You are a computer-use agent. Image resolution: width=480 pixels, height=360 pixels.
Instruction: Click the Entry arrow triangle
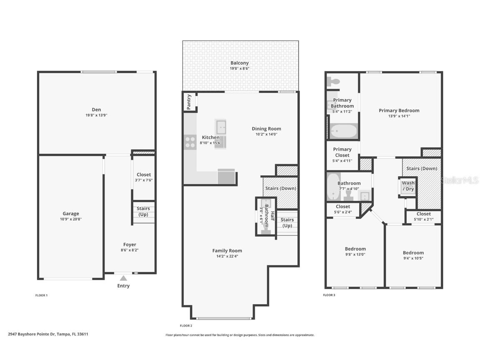coord(123,278)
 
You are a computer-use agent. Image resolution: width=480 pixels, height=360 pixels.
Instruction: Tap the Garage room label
coord(71,214)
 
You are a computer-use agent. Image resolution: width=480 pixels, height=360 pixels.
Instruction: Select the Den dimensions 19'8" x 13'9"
coord(96,115)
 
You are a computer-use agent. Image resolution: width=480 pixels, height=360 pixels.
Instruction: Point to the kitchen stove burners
coord(190,142)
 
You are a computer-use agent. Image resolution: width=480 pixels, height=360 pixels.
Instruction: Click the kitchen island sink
coord(221,127)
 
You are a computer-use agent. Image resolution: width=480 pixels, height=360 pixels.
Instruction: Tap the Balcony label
coord(240,63)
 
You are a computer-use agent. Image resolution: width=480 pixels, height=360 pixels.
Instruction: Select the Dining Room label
coord(266,129)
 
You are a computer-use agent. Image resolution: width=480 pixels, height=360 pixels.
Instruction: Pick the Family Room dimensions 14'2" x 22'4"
coord(227,256)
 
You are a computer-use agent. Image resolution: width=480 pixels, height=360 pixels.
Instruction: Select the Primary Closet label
coord(342,152)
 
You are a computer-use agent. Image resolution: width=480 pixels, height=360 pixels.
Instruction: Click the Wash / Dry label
coord(408,186)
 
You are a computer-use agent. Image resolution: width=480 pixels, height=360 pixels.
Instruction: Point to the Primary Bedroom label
coord(399,110)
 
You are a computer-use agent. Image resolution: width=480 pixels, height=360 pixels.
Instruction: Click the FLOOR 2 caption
coord(186,326)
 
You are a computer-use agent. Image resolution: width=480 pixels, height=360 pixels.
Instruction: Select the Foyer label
coord(130,245)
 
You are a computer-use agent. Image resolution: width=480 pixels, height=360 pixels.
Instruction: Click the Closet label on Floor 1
coord(144,175)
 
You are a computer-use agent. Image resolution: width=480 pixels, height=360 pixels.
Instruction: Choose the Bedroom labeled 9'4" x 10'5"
coord(413,252)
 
